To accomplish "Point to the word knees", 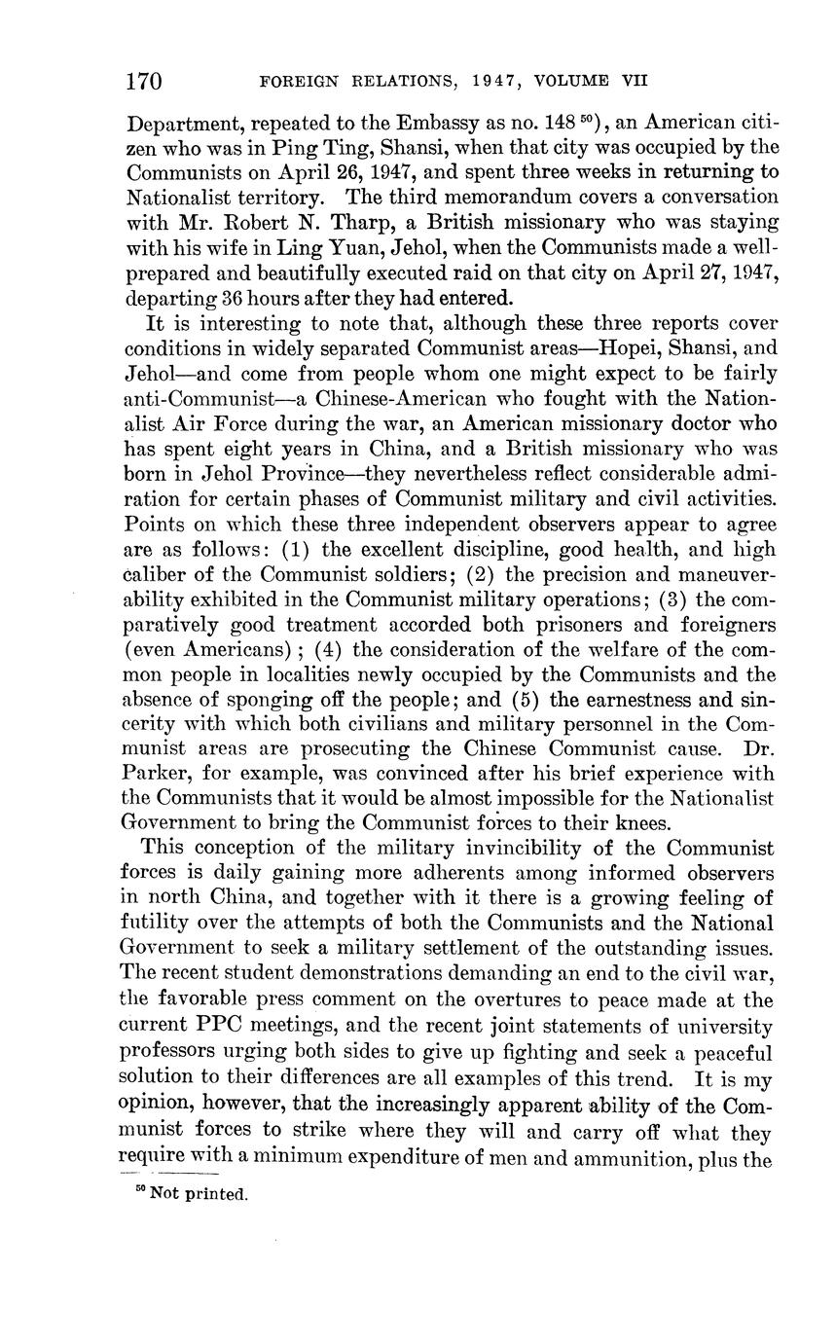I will pyautogui.click(x=636, y=823).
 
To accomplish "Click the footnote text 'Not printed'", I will pyautogui.click(x=199, y=1195).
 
